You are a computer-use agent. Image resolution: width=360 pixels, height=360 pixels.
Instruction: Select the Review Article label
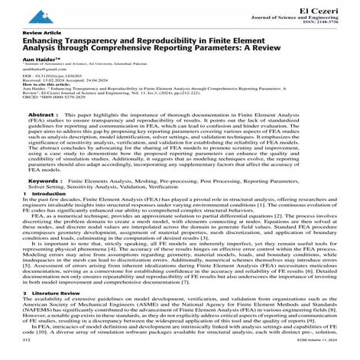pos(40,35)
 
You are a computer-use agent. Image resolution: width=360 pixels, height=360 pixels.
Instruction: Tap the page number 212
pos(28,354)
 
